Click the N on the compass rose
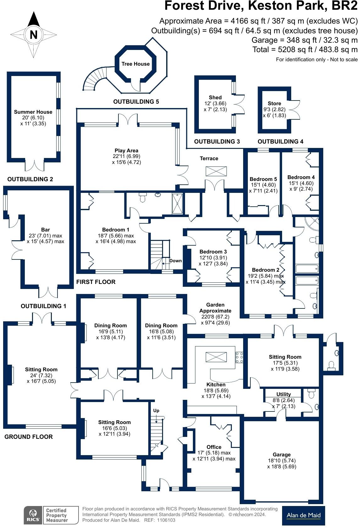[x=34, y=35]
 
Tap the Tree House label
[x=135, y=64]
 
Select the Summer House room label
[x=33, y=112]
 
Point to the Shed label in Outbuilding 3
[x=215, y=98]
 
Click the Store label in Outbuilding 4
[x=274, y=104]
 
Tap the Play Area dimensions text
[x=126, y=159]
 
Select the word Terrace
[x=209, y=159]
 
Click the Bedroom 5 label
[x=263, y=179]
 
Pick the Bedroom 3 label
[x=213, y=252]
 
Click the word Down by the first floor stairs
[x=175, y=261]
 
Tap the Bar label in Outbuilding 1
[x=46, y=230]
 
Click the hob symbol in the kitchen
[x=239, y=357]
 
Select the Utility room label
[x=283, y=395]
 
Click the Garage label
[x=281, y=455]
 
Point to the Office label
[x=214, y=447]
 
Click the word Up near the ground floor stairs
[x=156, y=411]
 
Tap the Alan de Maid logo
[x=303, y=515]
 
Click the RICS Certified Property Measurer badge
[x=51, y=515]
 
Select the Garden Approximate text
[x=215, y=308]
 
